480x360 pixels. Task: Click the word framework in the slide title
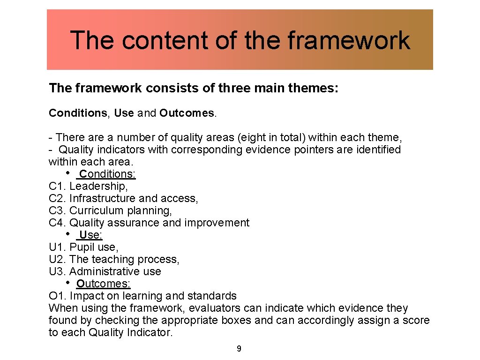pos(348,40)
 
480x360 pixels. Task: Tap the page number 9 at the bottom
pos(239,349)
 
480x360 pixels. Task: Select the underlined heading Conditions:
pos(107,174)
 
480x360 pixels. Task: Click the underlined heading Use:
pos(90,235)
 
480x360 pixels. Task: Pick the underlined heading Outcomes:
pos(104,284)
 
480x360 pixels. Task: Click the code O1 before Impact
pos(57,296)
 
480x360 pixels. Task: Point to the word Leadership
pos(98,187)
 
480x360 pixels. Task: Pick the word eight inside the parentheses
pos(254,138)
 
